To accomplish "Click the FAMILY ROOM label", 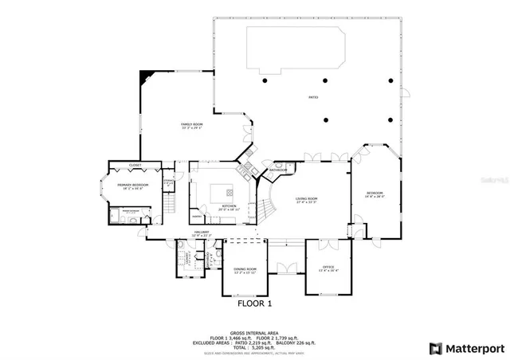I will click(x=191, y=125).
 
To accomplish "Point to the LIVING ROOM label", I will click(x=307, y=199).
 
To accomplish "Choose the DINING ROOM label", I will click(x=245, y=269).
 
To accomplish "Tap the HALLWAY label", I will click(x=202, y=233).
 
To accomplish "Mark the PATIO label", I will click(x=313, y=97).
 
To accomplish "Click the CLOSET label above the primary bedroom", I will click(x=135, y=165).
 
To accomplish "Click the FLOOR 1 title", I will click(x=255, y=303).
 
